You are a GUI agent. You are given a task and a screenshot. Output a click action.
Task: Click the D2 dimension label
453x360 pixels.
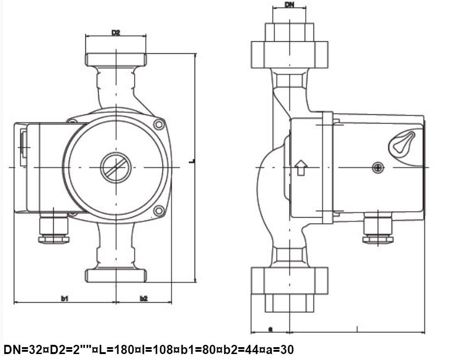(116, 33)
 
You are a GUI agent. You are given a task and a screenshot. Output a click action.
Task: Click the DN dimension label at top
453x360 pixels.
(290, 5)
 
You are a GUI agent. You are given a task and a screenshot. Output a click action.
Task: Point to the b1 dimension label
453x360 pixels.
(64, 298)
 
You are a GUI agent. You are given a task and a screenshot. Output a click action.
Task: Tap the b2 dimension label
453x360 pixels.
(144, 298)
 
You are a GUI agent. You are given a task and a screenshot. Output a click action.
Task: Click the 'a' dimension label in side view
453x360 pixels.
(270, 329)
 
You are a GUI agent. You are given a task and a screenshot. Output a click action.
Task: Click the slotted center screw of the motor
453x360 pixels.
(116, 168)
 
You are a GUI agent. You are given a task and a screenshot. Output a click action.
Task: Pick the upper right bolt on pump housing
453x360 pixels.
(159, 124)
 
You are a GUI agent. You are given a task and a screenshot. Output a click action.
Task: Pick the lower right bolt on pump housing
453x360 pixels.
(159, 211)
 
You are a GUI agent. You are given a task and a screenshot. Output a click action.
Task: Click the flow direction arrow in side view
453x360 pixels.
(301, 168)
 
